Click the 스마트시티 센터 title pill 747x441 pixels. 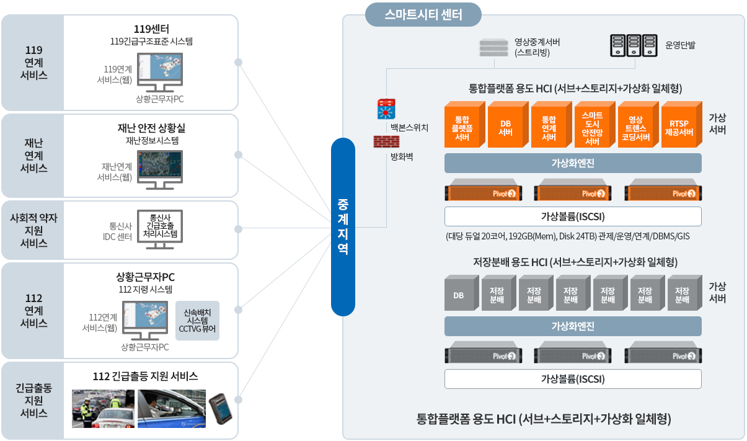pyautogui.click(x=423, y=15)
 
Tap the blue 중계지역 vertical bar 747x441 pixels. pyautogui.click(x=343, y=226)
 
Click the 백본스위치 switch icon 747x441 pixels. pyautogui.click(x=387, y=109)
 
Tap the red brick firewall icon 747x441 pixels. pyautogui.click(x=386, y=141)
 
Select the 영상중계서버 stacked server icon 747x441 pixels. pyautogui.click(x=493, y=48)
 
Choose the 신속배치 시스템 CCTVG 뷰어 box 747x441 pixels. pyautogui.click(x=198, y=321)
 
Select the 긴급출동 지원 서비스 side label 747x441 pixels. pyautogui.click(x=33, y=401)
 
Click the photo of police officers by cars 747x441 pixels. pyautogui.click(x=104, y=408)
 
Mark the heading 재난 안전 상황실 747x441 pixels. pyautogui.click(x=151, y=128)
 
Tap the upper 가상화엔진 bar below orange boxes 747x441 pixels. pyautogui.click(x=573, y=163)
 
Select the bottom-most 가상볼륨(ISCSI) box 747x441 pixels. pyautogui.click(x=573, y=379)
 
